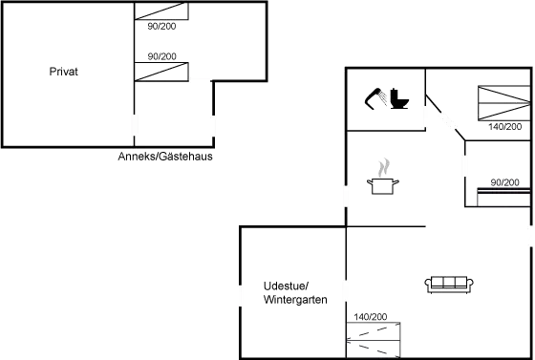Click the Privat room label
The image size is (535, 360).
(63, 73)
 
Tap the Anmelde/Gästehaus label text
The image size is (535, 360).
(164, 156)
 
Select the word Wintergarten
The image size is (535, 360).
(295, 300)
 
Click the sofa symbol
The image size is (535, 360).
(449, 284)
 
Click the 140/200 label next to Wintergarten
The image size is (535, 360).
(369, 316)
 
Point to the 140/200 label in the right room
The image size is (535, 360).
(503, 125)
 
